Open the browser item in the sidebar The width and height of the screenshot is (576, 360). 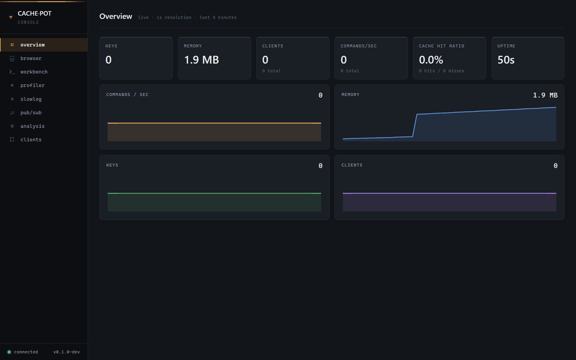pos(31,58)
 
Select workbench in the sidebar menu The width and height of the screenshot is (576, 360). pos(34,72)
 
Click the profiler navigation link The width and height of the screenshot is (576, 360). pos(32,85)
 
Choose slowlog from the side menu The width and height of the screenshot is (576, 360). pos(31,99)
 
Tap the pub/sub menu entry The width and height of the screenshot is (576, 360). pos(31,113)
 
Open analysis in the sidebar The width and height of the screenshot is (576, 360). pos(32,126)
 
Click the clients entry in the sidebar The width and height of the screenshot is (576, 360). pos(31,140)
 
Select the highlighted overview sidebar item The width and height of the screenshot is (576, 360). pos(32,45)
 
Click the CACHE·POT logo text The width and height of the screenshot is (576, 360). pos(34,13)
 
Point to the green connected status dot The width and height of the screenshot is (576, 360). pos(9,352)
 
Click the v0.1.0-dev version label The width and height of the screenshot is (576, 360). pos(67,352)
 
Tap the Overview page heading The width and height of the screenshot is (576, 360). pos(116,16)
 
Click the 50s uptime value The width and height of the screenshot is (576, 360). pos(506,60)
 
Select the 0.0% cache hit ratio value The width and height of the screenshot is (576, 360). pos(431,60)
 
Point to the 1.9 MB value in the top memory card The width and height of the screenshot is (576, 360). pos(202,60)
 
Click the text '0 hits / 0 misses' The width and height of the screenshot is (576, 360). pos(442,71)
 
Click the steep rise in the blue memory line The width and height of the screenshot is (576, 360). pos(415,125)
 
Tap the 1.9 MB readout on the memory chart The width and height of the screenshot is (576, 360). pos(545,95)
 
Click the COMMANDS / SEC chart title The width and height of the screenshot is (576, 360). pos(127,94)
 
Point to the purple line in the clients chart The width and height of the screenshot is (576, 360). pos(449,193)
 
